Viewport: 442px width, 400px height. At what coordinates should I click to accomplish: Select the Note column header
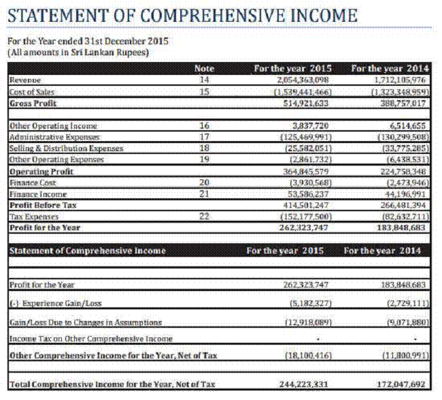click(x=204, y=68)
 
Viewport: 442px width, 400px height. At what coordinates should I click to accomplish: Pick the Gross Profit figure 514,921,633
click(x=305, y=103)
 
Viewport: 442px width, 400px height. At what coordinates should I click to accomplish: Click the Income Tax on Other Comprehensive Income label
click(x=90, y=338)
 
